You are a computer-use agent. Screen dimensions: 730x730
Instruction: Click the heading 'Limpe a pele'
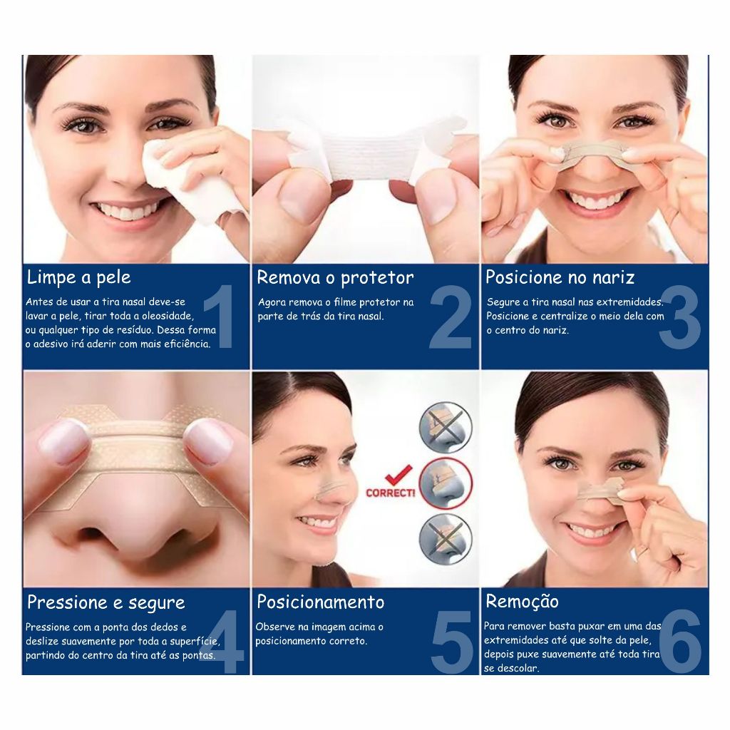pos(78,277)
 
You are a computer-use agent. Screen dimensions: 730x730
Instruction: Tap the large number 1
pos(219,316)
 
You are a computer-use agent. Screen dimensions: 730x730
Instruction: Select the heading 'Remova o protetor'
pos(335,277)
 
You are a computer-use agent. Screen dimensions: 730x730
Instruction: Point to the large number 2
pos(451,317)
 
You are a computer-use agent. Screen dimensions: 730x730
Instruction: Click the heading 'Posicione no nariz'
pos(560,277)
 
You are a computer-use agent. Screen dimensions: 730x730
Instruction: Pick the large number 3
pos(679,317)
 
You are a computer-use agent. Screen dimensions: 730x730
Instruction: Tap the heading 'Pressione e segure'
pos(106,602)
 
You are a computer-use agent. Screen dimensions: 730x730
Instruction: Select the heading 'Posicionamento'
pos(321,602)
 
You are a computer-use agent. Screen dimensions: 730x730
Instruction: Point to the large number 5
pos(451,642)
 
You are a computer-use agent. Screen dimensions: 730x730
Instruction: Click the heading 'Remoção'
pos(522,601)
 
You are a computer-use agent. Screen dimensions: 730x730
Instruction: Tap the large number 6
pos(680,641)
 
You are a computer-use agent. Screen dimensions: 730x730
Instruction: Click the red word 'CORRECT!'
pos(390,493)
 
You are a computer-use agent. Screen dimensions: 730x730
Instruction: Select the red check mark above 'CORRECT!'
pos(399,475)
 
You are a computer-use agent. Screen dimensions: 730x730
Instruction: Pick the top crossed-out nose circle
pos(446,428)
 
